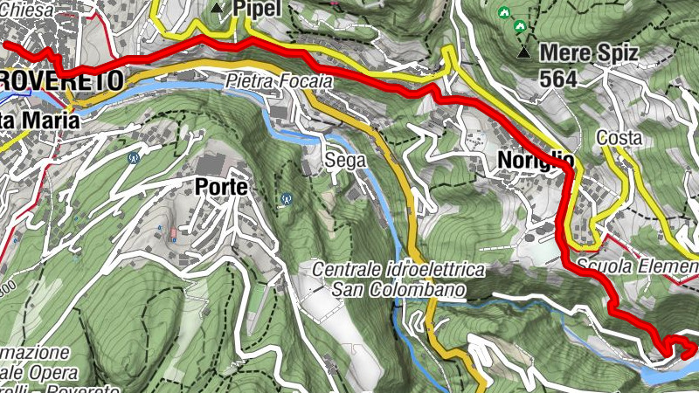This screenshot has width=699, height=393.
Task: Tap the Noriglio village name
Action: [536, 160]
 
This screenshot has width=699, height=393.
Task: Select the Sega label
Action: [343, 160]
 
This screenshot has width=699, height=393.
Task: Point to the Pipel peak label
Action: [256, 8]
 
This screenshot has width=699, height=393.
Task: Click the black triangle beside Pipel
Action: [218, 8]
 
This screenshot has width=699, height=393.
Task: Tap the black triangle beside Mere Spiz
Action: [523, 53]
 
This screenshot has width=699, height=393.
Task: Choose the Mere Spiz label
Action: [589, 53]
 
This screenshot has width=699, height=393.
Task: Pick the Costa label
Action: [619, 138]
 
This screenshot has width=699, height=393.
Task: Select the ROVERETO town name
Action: [61, 80]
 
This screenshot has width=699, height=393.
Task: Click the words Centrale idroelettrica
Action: [398, 270]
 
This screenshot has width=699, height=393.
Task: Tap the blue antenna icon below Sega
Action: [286, 199]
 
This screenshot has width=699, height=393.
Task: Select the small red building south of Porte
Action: [173, 233]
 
